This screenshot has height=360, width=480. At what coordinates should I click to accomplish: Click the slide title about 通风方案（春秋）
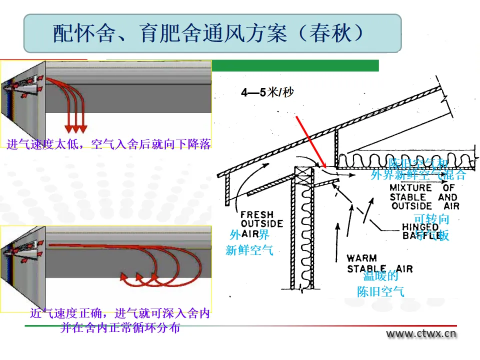(212, 33)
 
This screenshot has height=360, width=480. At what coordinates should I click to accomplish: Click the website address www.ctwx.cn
(421, 334)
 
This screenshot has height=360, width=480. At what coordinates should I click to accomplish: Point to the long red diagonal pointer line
(310, 141)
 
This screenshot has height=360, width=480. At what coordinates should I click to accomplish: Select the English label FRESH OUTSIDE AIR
(261, 223)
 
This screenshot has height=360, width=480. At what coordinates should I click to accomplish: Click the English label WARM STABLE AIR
(379, 263)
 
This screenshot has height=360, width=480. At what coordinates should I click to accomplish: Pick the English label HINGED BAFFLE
(421, 230)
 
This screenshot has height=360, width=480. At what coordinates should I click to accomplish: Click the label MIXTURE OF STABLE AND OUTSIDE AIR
(424, 196)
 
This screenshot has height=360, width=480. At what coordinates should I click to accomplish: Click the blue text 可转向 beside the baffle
(431, 219)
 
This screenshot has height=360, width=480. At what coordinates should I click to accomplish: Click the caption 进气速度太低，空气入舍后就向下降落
(108, 144)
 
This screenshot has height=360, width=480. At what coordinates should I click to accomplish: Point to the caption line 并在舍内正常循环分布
(120, 328)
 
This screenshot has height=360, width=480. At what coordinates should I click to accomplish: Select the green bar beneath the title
(295, 65)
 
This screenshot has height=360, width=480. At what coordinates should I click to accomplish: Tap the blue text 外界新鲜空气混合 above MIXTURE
(418, 175)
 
